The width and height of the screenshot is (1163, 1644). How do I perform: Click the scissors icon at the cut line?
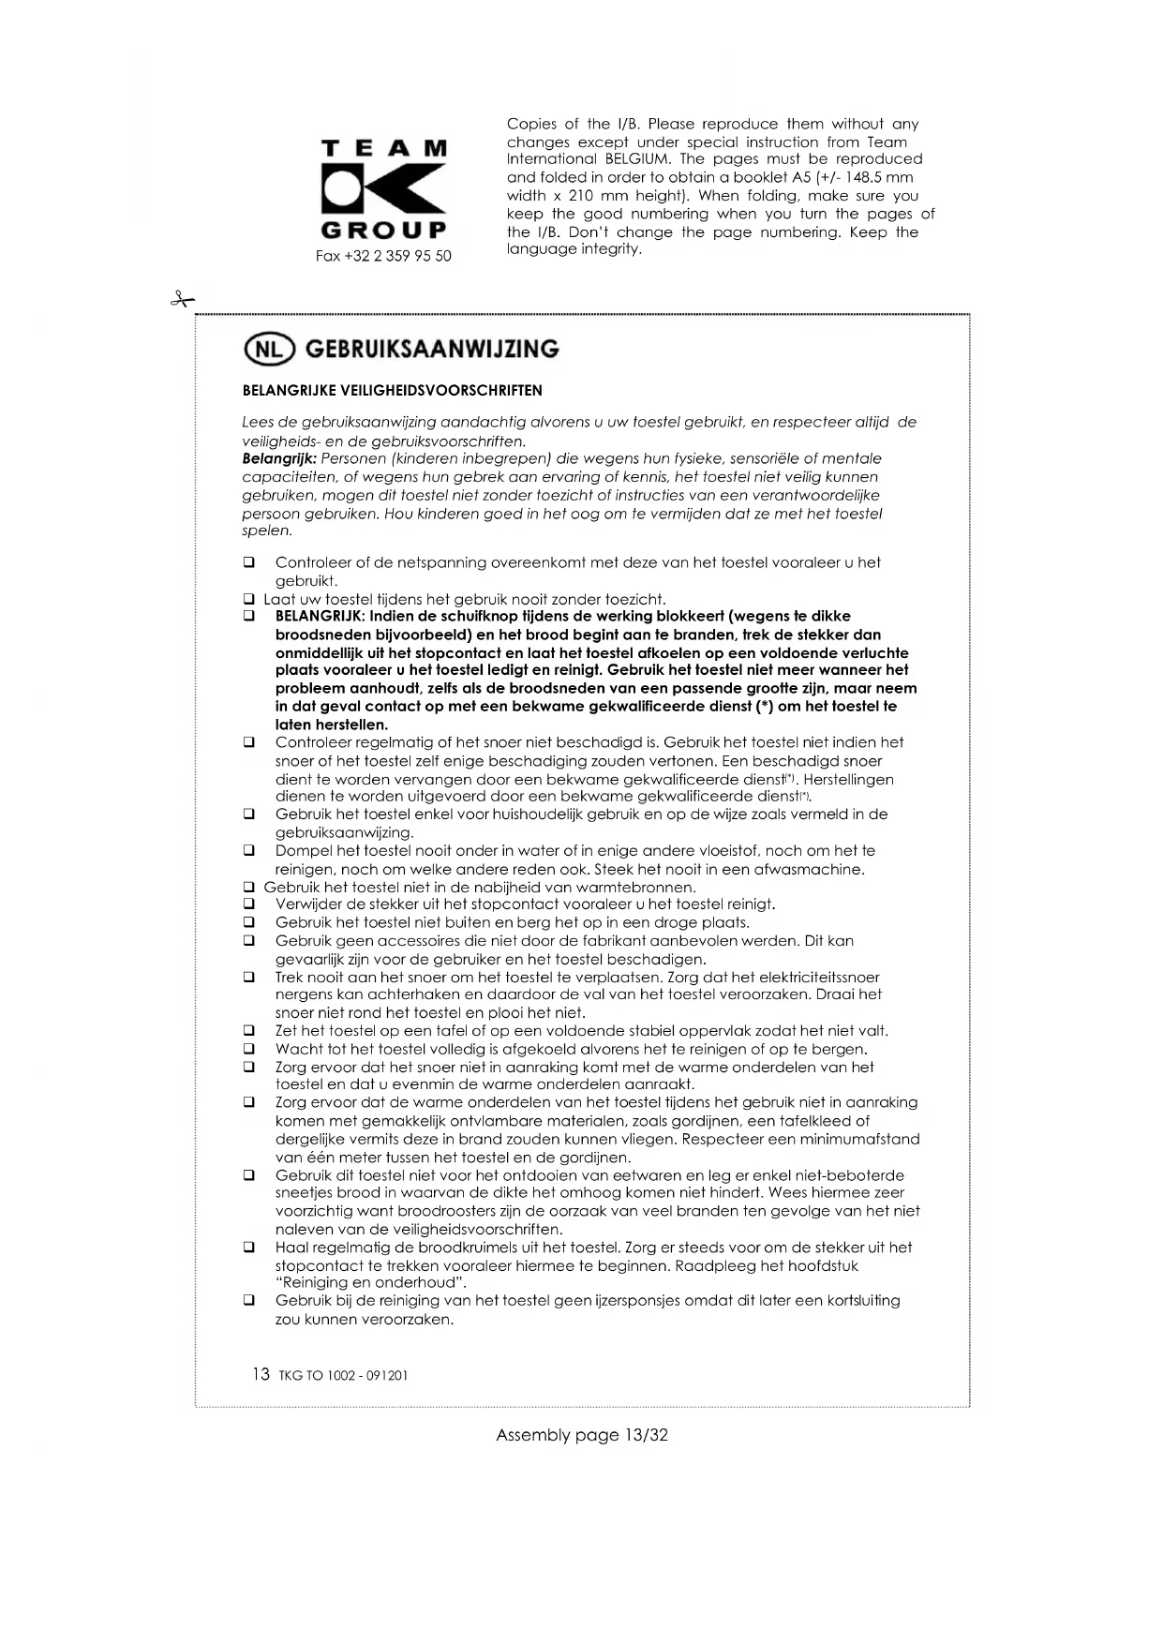[182, 300]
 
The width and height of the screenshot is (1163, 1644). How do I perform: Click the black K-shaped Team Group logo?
[383, 189]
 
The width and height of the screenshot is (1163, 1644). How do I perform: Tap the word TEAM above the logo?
[383, 148]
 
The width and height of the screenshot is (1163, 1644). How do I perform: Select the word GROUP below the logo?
[383, 230]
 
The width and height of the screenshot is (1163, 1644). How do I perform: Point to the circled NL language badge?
[269, 349]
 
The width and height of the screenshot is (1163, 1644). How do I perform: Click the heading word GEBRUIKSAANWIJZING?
[432, 349]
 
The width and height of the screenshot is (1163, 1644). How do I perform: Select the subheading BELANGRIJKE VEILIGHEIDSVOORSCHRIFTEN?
[392, 390]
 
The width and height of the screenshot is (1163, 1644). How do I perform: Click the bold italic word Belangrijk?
[279, 458]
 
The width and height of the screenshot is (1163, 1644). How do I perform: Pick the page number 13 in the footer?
[261, 1374]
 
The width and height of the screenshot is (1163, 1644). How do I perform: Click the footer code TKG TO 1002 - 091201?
[343, 1376]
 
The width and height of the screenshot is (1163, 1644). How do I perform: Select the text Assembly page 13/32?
[581, 1435]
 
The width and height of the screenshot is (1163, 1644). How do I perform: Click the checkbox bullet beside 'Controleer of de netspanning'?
[249, 563]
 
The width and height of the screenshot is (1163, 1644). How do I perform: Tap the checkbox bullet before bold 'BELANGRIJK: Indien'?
[249, 617]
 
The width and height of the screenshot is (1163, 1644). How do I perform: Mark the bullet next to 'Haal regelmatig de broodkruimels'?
[249, 1248]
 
